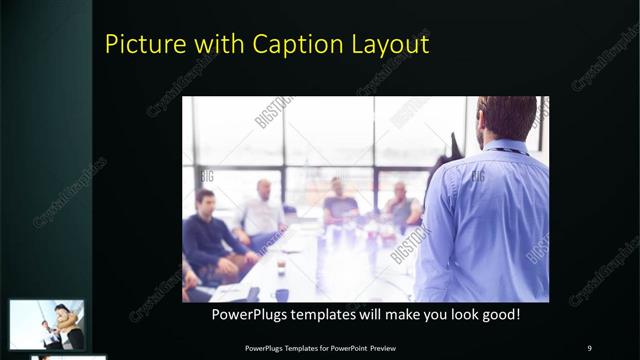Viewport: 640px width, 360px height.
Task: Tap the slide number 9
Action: (x=589, y=348)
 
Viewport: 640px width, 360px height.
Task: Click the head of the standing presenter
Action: (x=506, y=118)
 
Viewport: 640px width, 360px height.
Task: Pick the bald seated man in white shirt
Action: (x=261, y=211)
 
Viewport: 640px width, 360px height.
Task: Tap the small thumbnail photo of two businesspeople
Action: (x=47, y=324)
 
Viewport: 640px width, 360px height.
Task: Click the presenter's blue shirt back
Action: (x=490, y=220)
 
